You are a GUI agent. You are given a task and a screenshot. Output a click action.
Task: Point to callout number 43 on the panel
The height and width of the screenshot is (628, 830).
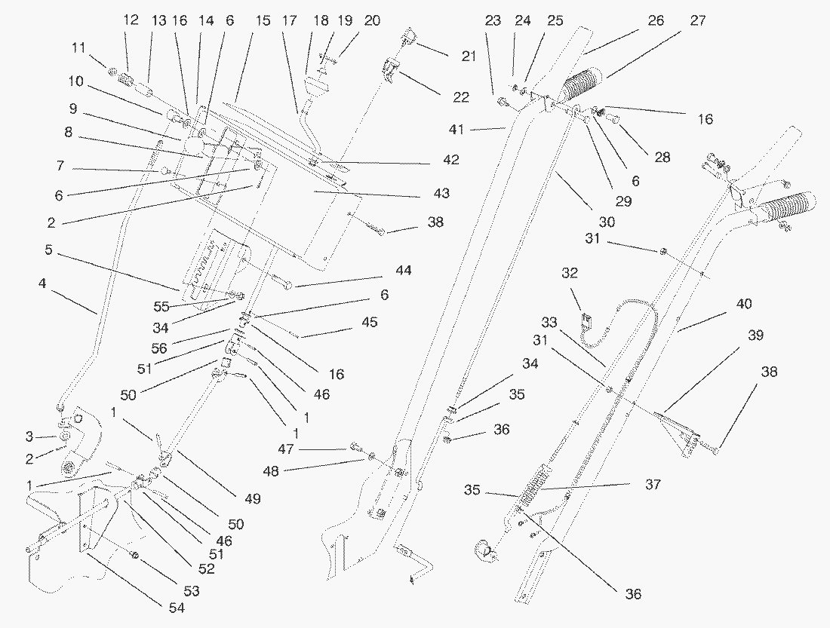(441, 194)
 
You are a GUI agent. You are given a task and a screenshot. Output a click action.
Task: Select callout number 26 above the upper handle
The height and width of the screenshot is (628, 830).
(656, 21)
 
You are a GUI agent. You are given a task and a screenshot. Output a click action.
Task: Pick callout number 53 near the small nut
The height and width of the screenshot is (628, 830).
(192, 590)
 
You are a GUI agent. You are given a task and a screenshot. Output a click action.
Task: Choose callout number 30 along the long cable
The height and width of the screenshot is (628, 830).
(607, 222)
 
